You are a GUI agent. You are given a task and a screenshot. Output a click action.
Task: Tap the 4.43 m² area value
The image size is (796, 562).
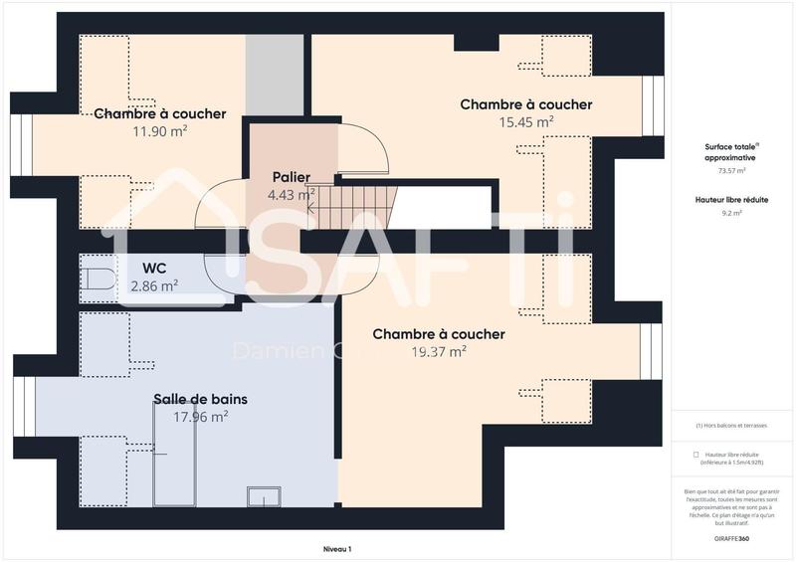point(291,195)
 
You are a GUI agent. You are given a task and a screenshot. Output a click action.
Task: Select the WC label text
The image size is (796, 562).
point(154,268)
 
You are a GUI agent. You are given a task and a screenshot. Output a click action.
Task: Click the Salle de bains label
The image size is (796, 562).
point(200,399)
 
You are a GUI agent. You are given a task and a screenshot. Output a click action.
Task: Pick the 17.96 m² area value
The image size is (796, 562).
point(200,417)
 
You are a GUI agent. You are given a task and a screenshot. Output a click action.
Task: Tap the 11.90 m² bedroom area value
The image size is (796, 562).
point(159,131)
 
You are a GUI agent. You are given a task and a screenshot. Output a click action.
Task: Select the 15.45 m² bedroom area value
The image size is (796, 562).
point(525,122)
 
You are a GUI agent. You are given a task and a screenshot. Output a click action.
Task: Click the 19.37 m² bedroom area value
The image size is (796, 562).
point(438,352)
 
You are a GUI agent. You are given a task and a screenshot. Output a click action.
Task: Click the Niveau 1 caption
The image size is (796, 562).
point(337,549)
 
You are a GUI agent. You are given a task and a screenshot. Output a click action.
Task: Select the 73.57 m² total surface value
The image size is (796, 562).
point(730,170)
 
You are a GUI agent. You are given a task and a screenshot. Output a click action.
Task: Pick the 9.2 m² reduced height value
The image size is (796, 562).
point(730,212)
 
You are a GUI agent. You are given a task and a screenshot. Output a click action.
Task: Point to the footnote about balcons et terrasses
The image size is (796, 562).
point(731,425)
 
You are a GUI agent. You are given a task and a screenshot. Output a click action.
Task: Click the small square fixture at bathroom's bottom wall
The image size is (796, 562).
point(263,494)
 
